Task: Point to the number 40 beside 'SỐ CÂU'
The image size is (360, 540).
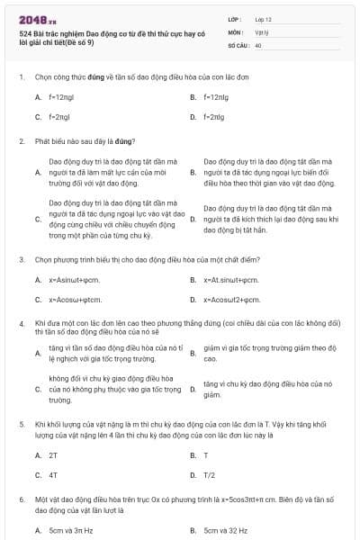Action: (x=258, y=44)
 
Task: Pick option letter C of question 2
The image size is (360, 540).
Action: (x=38, y=218)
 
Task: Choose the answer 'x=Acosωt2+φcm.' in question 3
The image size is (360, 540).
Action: (x=231, y=300)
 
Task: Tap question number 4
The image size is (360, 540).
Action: (x=21, y=321)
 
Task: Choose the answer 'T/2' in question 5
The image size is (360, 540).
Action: (x=210, y=475)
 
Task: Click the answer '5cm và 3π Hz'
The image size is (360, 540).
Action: (x=70, y=531)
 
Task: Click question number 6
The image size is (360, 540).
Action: (x=21, y=498)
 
